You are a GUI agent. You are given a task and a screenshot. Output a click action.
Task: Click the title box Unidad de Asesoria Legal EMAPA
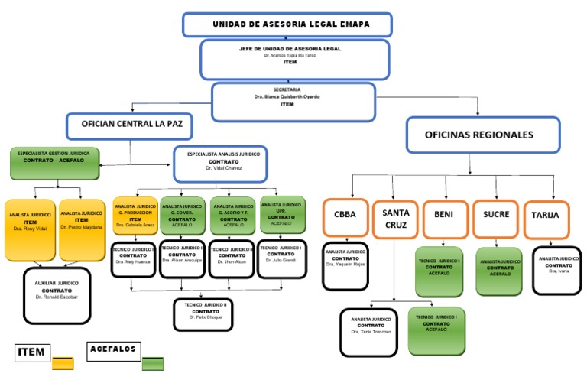[287, 24]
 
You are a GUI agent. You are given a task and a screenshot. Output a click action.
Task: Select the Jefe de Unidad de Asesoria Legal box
[294, 59]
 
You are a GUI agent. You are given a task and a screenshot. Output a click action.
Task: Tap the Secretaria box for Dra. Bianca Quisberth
[293, 102]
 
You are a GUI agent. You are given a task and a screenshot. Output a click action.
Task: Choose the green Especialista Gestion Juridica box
[54, 163]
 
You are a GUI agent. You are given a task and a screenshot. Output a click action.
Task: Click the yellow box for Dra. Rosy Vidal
[30, 230]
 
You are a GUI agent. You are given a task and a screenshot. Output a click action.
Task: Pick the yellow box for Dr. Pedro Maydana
[82, 230]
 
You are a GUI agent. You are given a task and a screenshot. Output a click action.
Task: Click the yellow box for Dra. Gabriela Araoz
[135, 215]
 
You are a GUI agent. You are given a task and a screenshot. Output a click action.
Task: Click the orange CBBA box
[345, 215]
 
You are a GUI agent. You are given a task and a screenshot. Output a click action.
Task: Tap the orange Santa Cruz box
[394, 219]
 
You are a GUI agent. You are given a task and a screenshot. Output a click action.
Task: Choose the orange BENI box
[444, 215]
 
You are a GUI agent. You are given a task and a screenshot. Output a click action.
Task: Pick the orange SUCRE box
[496, 215]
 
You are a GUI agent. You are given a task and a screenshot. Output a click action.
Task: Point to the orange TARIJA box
[546, 215]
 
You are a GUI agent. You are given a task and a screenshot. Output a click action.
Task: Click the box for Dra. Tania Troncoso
[369, 332]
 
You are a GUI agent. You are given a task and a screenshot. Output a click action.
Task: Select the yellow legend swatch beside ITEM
[63, 364]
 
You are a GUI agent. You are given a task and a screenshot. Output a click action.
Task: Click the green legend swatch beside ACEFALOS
[153, 363]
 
